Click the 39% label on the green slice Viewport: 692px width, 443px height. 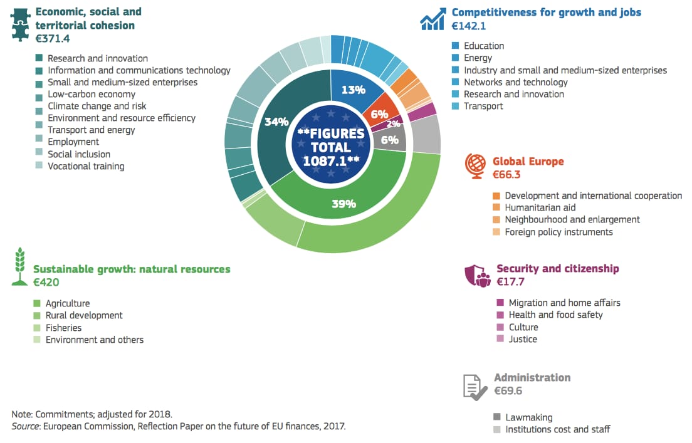(x=343, y=204)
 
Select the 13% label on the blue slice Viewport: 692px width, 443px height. (x=353, y=90)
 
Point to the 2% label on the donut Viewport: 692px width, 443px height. (x=393, y=124)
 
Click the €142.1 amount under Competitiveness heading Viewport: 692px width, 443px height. (x=469, y=26)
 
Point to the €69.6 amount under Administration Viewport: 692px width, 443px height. (x=508, y=391)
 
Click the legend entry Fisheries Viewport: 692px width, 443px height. (x=63, y=328)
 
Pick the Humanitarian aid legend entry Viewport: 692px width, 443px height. (x=540, y=207)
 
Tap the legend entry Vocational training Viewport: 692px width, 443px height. (x=86, y=166)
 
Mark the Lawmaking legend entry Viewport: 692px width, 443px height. (x=528, y=417)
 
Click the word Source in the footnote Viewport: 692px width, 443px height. (x=26, y=427)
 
